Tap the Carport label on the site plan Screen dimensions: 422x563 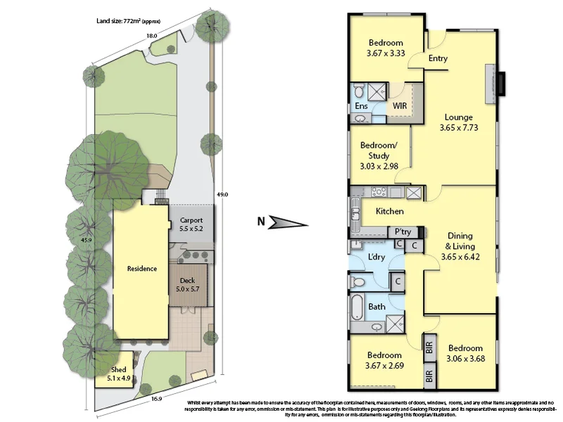click(x=191, y=220)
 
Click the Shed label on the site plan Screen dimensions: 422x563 click(x=118, y=369)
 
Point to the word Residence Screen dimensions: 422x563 click(x=141, y=268)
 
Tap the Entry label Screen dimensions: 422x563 click(x=438, y=58)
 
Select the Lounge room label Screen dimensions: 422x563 click(x=457, y=117)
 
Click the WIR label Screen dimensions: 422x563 click(x=400, y=105)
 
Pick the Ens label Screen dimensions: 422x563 click(x=361, y=106)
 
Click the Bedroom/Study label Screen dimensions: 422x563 click(x=379, y=151)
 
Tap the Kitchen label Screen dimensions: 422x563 click(x=389, y=211)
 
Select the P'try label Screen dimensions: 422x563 click(x=403, y=231)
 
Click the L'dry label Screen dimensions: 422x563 click(x=377, y=257)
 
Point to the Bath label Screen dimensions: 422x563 click(x=377, y=307)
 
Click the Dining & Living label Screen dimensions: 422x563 click(x=459, y=241)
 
